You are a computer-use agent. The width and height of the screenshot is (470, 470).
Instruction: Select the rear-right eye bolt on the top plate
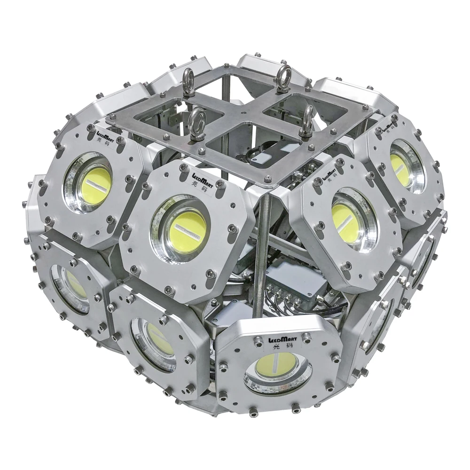click(283, 77)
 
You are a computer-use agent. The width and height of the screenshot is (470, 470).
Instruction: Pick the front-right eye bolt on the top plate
click(307, 119)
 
